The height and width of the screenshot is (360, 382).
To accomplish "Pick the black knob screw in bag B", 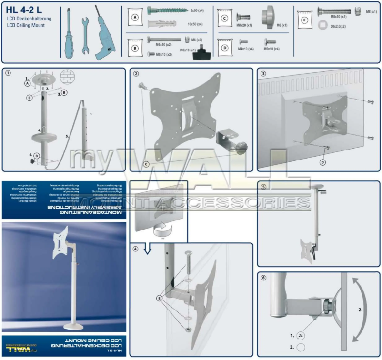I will pos(200,53).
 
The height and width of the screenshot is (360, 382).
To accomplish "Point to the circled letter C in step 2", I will pos(147,164).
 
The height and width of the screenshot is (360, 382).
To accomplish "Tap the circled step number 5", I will pos(263,186).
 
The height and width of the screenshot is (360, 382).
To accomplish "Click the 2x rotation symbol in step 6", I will pos(300,335).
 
